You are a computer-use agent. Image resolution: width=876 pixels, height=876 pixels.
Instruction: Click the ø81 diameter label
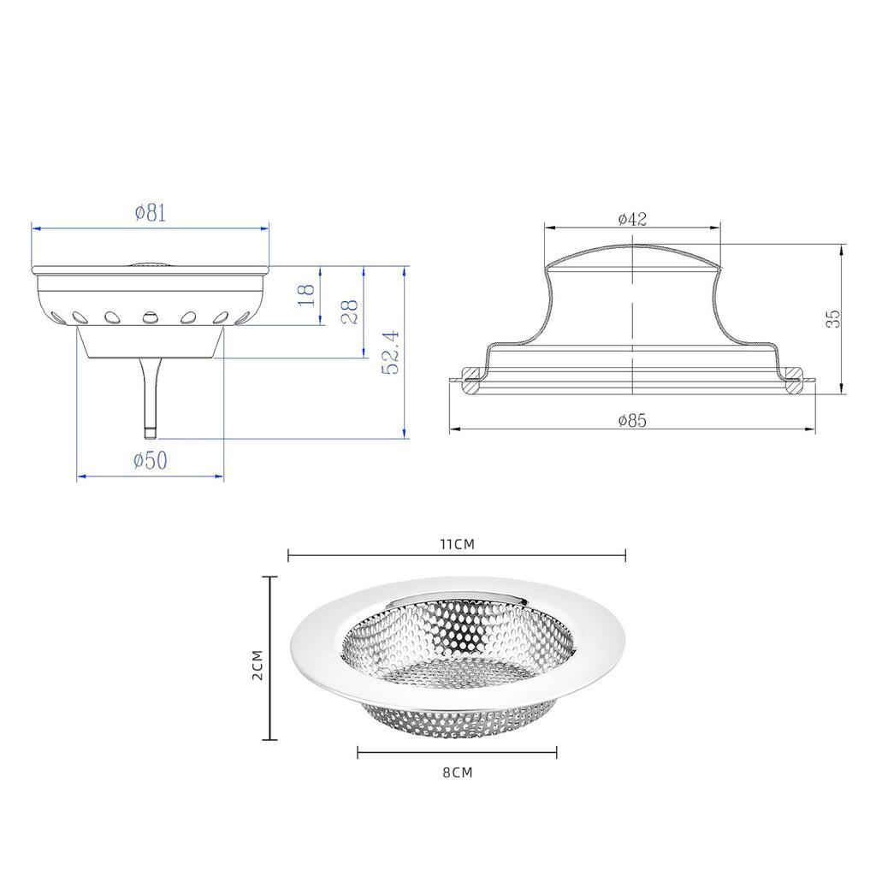151,213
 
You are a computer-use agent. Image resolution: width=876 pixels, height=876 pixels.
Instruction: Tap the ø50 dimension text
151,460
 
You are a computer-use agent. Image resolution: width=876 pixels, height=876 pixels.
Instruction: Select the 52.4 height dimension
390,352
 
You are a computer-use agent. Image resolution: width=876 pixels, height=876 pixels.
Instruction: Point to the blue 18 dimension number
307,294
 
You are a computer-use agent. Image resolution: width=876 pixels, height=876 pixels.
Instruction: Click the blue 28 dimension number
349,311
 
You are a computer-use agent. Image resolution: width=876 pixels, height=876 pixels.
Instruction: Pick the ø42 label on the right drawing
632,219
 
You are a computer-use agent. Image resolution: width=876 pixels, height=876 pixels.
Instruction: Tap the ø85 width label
632,420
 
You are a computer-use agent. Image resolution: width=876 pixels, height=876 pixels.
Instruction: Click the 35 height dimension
833,319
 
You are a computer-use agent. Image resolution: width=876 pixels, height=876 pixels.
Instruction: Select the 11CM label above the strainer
457,544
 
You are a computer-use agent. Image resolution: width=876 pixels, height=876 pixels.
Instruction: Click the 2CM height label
257,664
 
